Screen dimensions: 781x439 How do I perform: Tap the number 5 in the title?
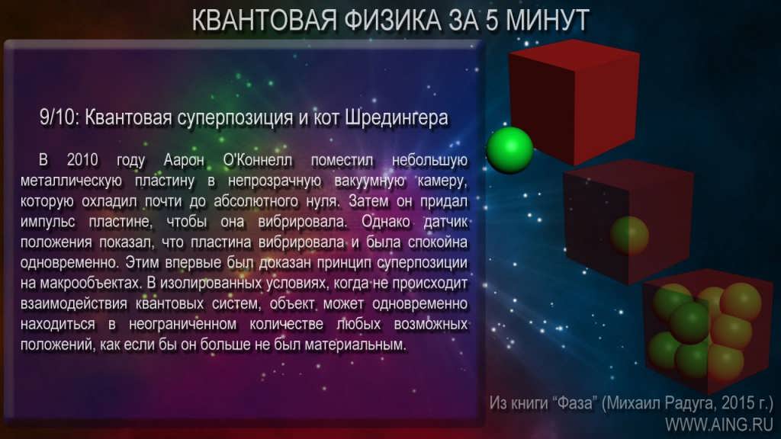click(493, 21)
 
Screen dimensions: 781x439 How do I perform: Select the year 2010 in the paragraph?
click(82, 160)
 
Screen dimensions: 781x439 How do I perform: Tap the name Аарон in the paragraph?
click(184, 160)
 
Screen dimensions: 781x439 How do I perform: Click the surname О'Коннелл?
click(258, 160)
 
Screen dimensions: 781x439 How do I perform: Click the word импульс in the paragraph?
click(48, 222)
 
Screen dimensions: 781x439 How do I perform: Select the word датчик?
click(445, 222)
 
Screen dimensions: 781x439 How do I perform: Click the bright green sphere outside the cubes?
click(509, 150)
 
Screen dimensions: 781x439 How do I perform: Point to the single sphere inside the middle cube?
click(629, 236)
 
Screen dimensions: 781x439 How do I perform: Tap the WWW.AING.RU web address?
click(718, 425)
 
